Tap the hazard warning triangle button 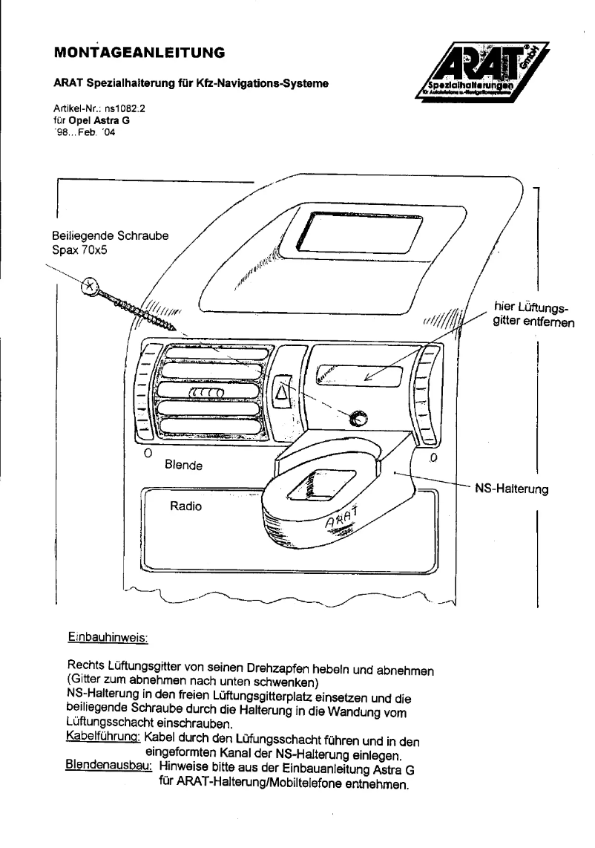click(284, 388)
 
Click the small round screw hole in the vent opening click(358, 418)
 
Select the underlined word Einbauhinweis click(108, 637)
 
